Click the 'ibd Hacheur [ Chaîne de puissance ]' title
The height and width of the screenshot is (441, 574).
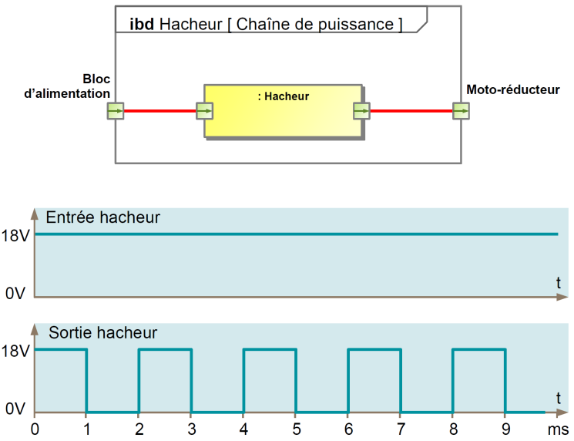tap(260, 25)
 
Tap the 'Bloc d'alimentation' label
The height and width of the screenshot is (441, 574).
tap(68, 87)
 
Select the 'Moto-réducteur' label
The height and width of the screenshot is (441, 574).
tap(512, 90)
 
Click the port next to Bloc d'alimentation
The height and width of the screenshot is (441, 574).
tap(115, 111)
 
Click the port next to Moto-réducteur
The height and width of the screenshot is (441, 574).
tap(461, 111)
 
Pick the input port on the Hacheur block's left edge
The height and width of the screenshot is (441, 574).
tap(204, 111)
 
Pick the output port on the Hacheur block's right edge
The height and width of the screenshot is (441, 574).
tap(361, 111)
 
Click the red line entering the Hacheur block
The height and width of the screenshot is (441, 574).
tap(159, 111)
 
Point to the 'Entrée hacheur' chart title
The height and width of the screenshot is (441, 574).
tap(103, 217)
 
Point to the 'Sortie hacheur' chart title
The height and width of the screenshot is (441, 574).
tap(103, 333)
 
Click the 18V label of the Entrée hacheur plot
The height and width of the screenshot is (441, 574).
tap(15, 235)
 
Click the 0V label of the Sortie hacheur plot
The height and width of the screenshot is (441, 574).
tap(15, 409)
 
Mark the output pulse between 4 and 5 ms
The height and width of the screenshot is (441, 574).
tap(270, 351)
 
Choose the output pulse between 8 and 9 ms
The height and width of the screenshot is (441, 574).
tap(479, 351)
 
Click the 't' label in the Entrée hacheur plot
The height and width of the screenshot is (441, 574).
tap(559, 283)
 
